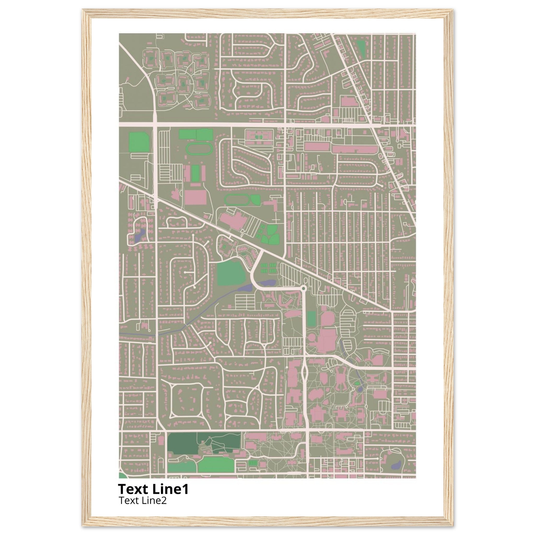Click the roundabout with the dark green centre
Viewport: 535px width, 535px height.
tap(304, 289)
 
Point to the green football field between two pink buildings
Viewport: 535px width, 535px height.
tap(195, 173)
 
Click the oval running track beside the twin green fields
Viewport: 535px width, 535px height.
tap(199, 149)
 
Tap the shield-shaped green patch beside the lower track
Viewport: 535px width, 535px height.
tap(255, 199)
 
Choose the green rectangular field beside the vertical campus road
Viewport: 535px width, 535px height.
tap(311, 318)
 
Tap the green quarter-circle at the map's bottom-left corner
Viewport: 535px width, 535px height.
tap(122, 476)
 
